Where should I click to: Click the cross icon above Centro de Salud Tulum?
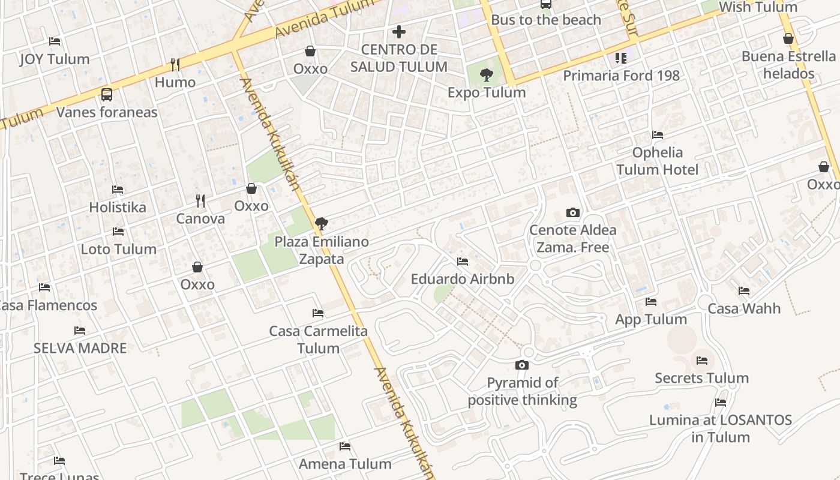click(399, 32)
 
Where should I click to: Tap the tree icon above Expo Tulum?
click(487, 75)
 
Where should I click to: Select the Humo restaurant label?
click(175, 82)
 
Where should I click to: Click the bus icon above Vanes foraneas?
click(107, 94)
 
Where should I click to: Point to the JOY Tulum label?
click(55, 59)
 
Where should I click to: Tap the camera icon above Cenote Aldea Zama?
click(573, 212)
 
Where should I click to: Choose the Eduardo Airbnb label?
click(462, 279)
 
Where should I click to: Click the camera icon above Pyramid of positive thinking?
click(522, 365)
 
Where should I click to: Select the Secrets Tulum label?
click(701, 378)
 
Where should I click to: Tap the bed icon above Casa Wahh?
click(744, 291)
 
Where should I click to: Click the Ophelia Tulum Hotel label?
click(658, 161)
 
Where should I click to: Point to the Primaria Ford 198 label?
click(621, 76)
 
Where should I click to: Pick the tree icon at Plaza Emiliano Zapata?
click(322, 224)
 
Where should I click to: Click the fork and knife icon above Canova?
click(200, 201)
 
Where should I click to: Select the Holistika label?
click(118, 207)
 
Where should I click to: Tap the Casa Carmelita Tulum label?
click(318, 340)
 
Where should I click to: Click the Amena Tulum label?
click(345, 464)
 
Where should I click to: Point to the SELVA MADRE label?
click(80, 348)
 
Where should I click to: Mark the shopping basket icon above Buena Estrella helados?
click(788, 39)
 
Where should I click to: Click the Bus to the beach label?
click(545, 20)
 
